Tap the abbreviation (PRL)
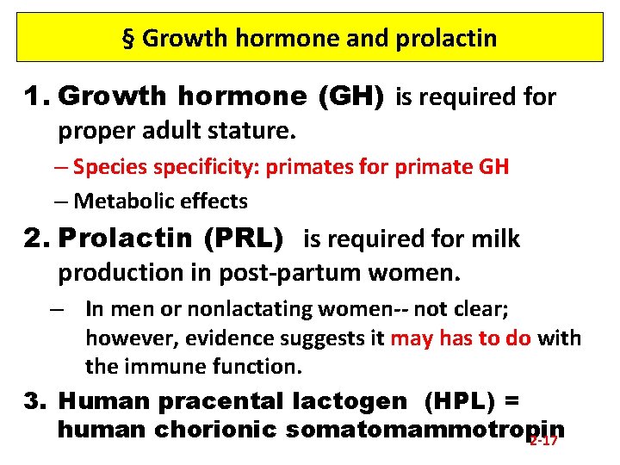point(245,239)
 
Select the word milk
point(494,239)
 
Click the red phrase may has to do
point(461,338)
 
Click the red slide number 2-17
point(543,440)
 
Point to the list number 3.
point(34,400)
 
